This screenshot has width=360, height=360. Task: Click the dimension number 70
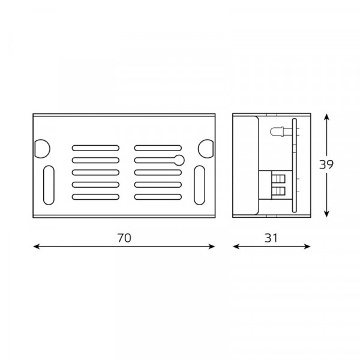point(124,238)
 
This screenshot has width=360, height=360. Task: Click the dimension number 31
point(271,238)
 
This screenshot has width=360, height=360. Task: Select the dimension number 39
point(326,164)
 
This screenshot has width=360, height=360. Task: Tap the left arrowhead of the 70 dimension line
point(37,247)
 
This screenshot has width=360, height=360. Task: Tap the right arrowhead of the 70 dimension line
point(211,247)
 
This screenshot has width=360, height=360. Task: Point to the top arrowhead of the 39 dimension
point(326,117)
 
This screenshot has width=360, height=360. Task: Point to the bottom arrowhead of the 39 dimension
point(326,214)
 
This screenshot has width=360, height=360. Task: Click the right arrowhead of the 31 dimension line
point(307,247)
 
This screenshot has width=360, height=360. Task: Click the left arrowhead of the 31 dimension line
point(236,247)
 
